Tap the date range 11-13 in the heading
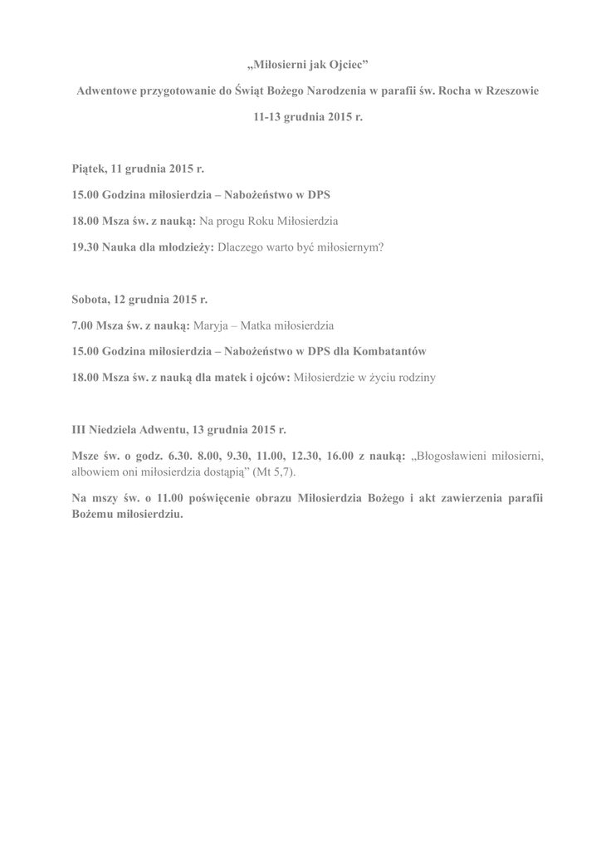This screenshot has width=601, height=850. [268, 118]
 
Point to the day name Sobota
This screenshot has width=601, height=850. [91, 297]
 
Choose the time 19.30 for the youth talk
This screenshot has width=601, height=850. [85, 247]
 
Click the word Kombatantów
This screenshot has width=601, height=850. [391, 350]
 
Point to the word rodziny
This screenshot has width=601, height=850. [418, 377]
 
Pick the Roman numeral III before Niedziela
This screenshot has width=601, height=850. [79, 429]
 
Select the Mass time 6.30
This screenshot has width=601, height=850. [179, 456]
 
